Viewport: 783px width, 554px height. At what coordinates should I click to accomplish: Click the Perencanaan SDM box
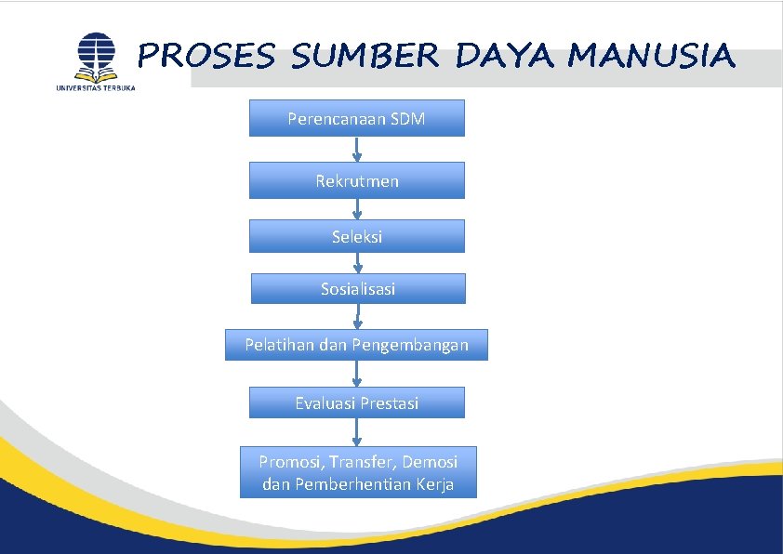tap(356, 118)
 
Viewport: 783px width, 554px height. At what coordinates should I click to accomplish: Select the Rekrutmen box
tap(356, 180)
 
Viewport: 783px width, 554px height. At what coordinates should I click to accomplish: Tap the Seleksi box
tap(356, 236)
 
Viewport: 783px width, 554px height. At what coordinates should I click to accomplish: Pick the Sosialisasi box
tap(357, 288)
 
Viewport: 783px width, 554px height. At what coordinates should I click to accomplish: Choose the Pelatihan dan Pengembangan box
tap(356, 345)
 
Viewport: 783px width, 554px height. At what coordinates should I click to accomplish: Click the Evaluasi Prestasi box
tap(356, 402)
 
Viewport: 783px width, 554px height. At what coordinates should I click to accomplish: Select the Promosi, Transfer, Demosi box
tap(358, 472)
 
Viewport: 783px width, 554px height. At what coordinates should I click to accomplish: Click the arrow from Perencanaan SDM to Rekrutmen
tap(357, 150)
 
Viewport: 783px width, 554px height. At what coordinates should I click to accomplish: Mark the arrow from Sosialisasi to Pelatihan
tap(358, 316)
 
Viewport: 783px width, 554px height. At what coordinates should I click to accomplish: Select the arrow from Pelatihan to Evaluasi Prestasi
tap(357, 374)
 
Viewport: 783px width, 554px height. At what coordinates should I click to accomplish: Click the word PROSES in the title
tap(206, 57)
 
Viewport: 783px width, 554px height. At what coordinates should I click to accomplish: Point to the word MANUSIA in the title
tap(651, 57)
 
